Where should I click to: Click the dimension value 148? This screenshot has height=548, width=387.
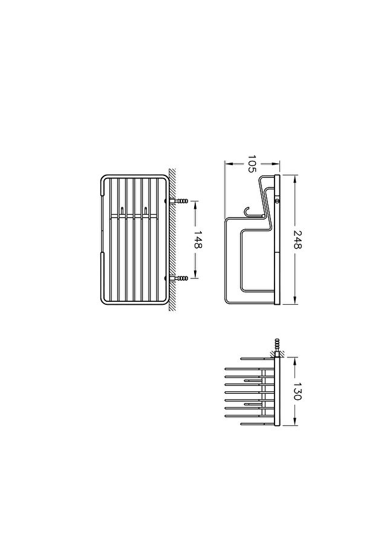(198, 240)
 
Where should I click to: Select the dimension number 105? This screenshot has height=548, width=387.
(252, 164)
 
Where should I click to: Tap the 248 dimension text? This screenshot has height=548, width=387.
(298, 240)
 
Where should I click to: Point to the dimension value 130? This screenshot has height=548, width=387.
(298, 391)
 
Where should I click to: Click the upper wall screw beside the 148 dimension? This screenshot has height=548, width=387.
(178, 201)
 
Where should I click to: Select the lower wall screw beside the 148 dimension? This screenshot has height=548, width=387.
(178, 278)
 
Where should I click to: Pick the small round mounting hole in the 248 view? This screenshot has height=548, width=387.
(278, 201)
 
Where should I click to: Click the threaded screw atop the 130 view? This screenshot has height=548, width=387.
(278, 346)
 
